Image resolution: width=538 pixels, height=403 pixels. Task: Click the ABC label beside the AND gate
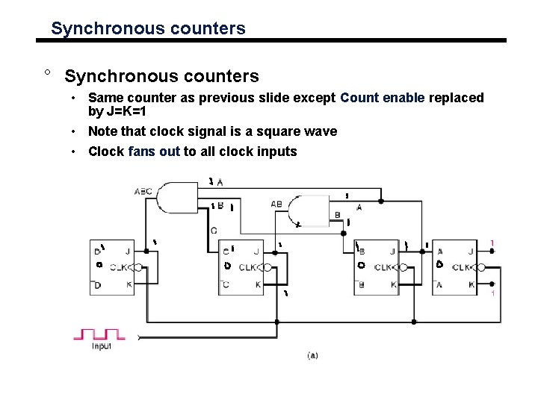pos(143,192)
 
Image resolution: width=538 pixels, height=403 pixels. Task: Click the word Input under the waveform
pos(102,346)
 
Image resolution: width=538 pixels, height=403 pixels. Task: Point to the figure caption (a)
pos(312,355)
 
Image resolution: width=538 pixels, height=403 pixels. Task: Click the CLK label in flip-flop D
pos(119,266)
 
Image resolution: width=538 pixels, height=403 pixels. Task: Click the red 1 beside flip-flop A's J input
pos(492,243)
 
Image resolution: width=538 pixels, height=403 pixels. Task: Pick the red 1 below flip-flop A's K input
pos(492,294)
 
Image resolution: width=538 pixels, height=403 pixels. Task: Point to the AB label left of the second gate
pos(276,203)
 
